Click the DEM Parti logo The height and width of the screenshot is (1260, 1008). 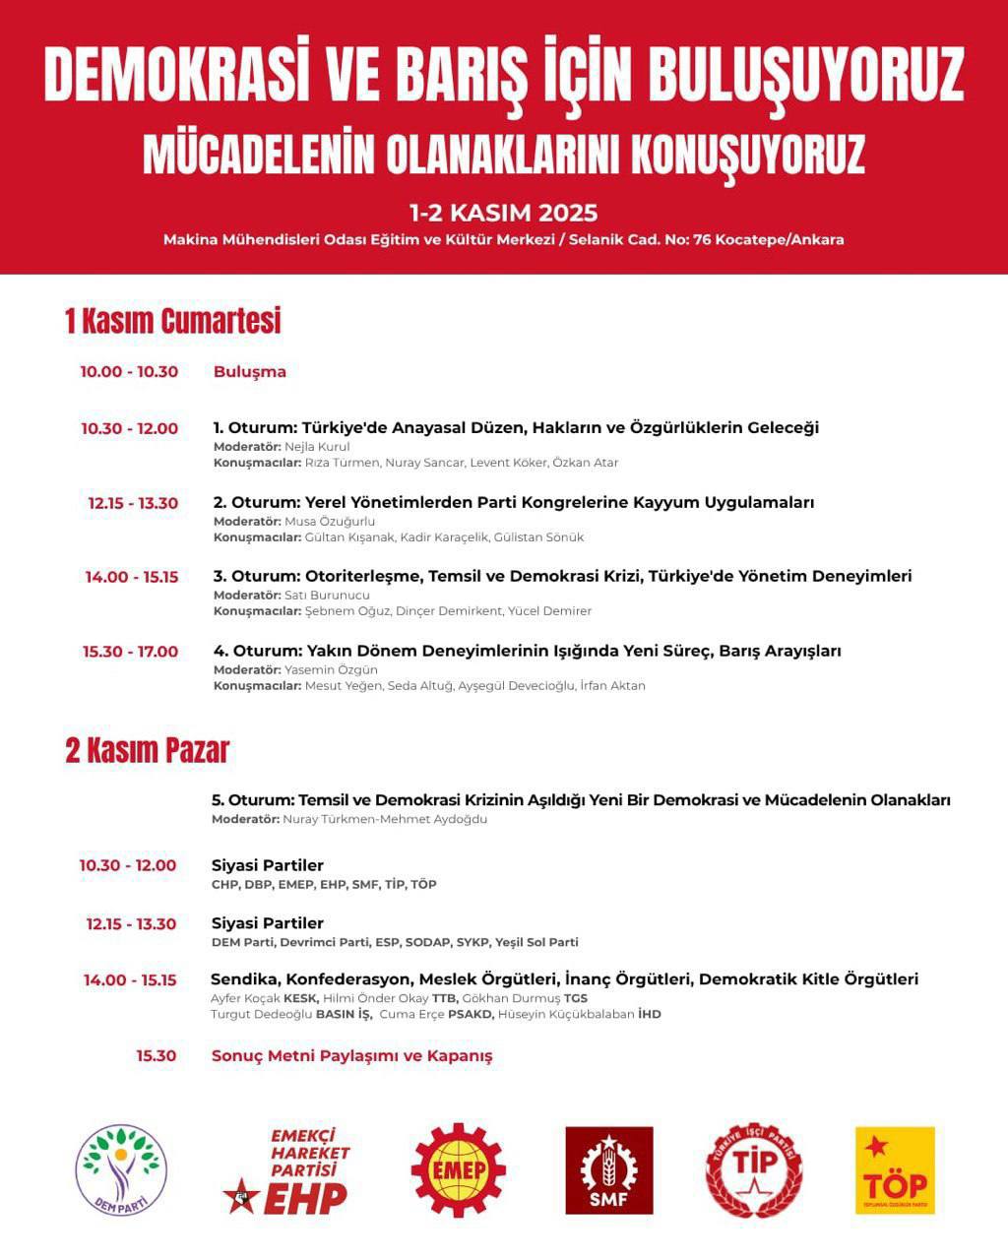click(x=121, y=1169)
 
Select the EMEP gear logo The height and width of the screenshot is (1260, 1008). click(x=458, y=1169)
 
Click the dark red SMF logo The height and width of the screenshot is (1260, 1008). click(x=608, y=1170)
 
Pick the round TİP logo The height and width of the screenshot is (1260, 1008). click(x=754, y=1170)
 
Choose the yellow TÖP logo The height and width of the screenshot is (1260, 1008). click(x=894, y=1170)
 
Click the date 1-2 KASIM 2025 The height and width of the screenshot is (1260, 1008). click(x=504, y=213)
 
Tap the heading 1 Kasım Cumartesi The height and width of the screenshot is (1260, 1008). click(x=173, y=321)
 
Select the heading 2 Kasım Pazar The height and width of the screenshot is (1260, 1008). click(x=148, y=751)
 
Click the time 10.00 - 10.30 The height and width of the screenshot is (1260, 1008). click(x=129, y=372)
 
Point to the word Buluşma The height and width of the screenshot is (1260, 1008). click(x=250, y=372)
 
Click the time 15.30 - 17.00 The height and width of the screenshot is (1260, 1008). click(x=130, y=652)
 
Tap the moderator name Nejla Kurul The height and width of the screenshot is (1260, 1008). click(x=317, y=447)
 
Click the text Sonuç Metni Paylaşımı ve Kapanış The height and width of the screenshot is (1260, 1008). click(x=351, y=1056)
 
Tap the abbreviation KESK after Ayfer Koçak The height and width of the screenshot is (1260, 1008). click(x=300, y=998)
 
